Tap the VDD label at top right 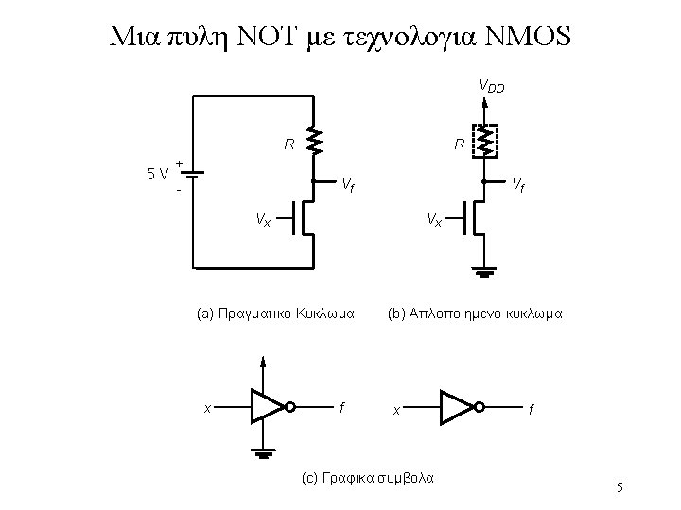tap(492, 87)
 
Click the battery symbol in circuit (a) tap(192, 175)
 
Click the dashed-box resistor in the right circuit tap(484, 142)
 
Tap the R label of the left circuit tap(288, 145)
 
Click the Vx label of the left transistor tap(262, 220)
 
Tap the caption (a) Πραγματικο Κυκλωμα tap(274, 311)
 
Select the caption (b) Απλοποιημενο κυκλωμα tap(475, 311)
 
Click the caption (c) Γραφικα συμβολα tap(367, 478)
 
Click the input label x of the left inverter tap(207, 408)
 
